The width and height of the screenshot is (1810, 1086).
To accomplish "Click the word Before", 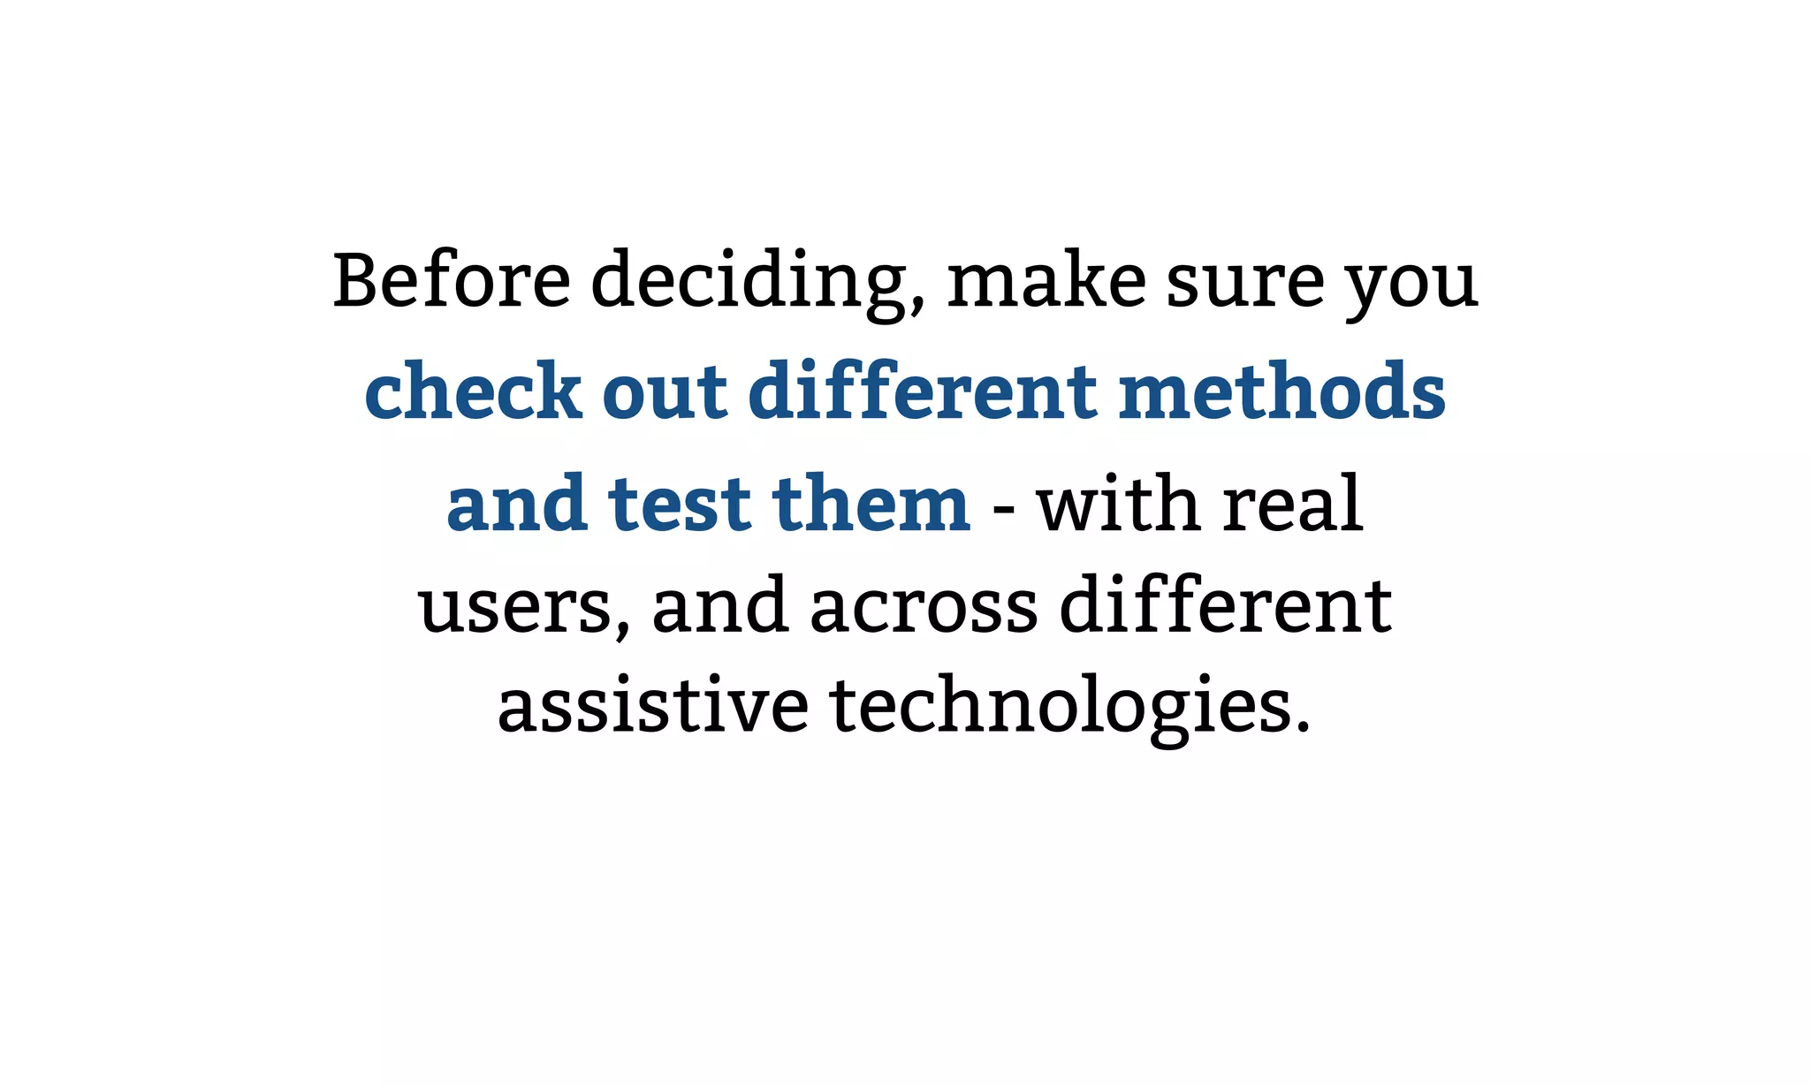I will click(x=452, y=280).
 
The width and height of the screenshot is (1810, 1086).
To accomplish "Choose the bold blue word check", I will click(x=473, y=391).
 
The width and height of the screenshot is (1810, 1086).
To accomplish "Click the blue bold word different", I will click(x=923, y=391).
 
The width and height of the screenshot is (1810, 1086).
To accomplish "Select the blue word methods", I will click(x=1281, y=391).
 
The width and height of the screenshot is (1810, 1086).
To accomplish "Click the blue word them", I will click(x=871, y=503).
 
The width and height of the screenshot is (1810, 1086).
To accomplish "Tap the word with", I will click(x=1119, y=503).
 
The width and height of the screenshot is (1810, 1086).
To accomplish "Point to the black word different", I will click(x=1225, y=604).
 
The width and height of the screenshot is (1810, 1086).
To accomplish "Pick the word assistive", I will click(x=653, y=706).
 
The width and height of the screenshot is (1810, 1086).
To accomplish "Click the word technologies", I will click(x=1070, y=708).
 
